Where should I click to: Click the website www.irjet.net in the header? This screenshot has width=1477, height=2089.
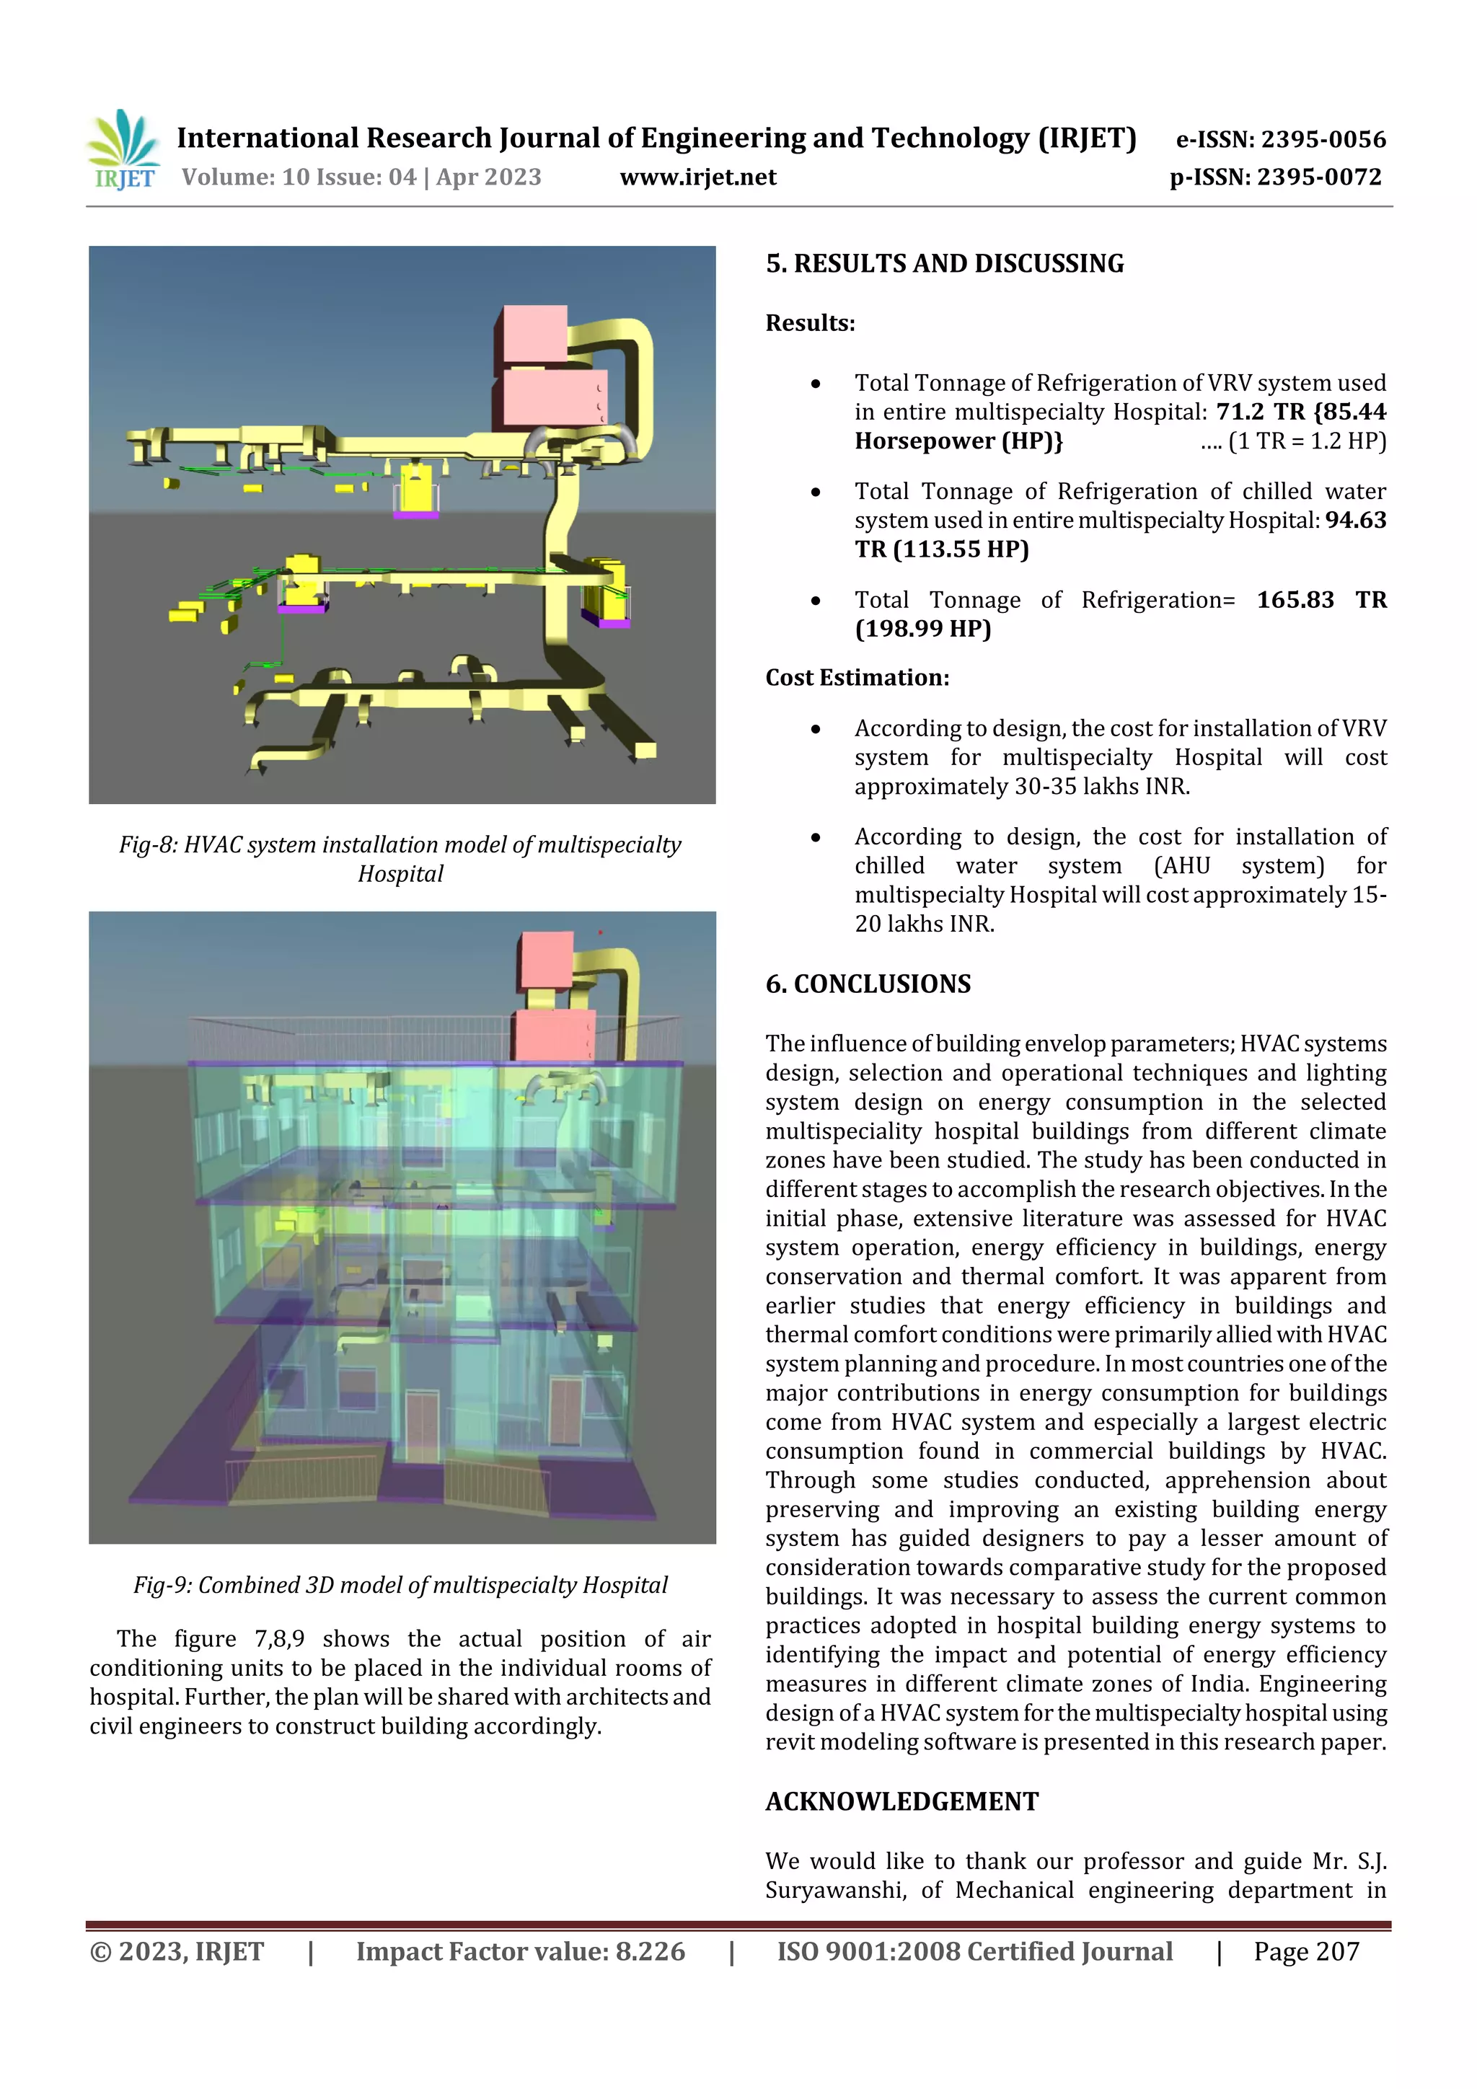[x=698, y=177]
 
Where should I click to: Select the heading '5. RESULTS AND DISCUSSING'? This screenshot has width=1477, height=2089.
[x=945, y=264]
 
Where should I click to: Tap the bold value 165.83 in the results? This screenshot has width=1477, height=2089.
[x=1295, y=599]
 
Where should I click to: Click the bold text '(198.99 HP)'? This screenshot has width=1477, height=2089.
[x=923, y=629]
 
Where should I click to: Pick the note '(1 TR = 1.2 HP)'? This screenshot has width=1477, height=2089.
[x=1307, y=441]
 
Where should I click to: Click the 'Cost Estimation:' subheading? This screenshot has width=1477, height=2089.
[x=857, y=678]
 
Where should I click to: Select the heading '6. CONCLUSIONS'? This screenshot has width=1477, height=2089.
[x=868, y=984]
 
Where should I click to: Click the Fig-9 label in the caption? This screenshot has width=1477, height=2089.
[x=162, y=1586]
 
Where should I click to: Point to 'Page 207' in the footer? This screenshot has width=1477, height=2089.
[x=1306, y=1951]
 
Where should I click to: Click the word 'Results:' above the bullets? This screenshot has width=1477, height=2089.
[x=810, y=323]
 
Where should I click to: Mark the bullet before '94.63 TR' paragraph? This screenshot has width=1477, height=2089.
[x=816, y=493]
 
